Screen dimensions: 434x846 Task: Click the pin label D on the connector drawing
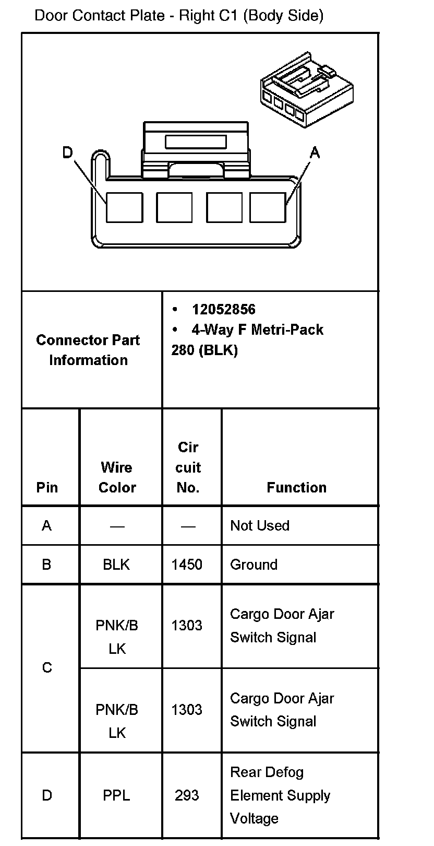point(68,152)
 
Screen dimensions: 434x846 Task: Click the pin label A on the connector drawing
point(315,152)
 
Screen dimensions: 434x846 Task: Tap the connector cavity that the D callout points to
point(124,207)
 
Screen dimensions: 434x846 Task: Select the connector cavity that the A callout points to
point(268,207)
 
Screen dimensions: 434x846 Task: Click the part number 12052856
point(223,310)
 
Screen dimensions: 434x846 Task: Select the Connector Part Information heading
point(88,350)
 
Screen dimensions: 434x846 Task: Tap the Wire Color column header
point(117,477)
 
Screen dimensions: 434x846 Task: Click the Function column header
point(296,487)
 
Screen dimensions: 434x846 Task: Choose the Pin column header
point(47,487)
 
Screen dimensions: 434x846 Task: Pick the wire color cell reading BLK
point(116,565)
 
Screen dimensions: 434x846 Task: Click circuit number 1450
point(187,565)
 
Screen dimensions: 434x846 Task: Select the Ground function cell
point(254,565)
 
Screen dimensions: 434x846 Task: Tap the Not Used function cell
point(260,525)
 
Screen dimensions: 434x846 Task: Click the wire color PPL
point(116,795)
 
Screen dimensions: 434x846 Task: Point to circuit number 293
point(187,795)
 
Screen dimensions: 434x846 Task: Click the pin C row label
point(47,667)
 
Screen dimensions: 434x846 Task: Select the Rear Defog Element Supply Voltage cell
point(280,795)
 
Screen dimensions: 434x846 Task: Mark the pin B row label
point(46,565)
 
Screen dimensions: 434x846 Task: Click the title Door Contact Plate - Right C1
point(179,16)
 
